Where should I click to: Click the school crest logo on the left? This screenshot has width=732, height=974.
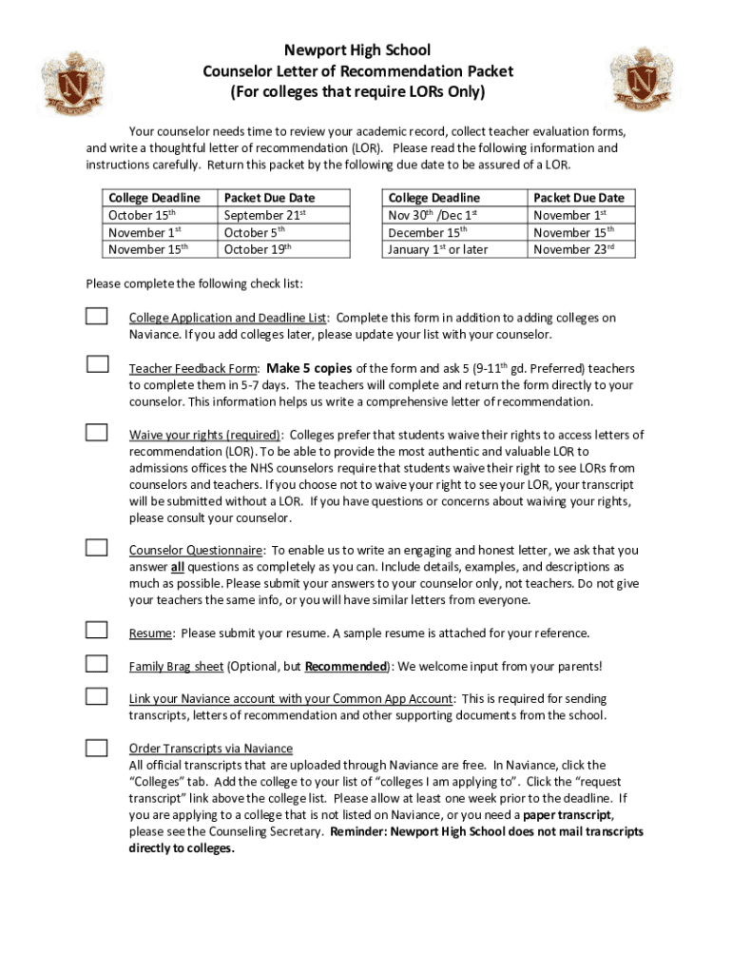72,82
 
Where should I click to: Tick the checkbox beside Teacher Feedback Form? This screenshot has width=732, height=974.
97,364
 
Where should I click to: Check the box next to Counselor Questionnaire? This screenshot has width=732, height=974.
97,547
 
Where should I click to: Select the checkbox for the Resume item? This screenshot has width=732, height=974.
97,630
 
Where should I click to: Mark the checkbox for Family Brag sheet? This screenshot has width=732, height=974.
97,663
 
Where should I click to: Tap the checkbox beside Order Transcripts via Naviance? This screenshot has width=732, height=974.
97,748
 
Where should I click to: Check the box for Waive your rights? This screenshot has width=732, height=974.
97,432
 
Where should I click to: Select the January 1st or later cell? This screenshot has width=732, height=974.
438,249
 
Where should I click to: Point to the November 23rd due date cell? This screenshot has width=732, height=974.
573,249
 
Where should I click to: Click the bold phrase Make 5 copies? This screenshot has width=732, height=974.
310,368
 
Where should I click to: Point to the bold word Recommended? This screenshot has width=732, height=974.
346,666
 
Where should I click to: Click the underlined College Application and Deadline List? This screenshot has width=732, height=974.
229,318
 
